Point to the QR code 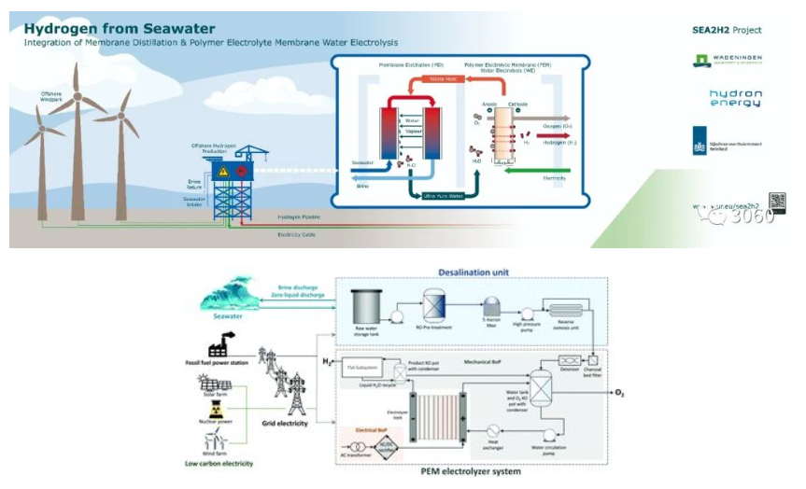[x=776, y=203]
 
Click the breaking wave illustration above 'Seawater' [x=230, y=296]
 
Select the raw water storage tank [x=366, y=304]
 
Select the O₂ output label [x=618, y=393]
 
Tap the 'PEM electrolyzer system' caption [x=469, y=472]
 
